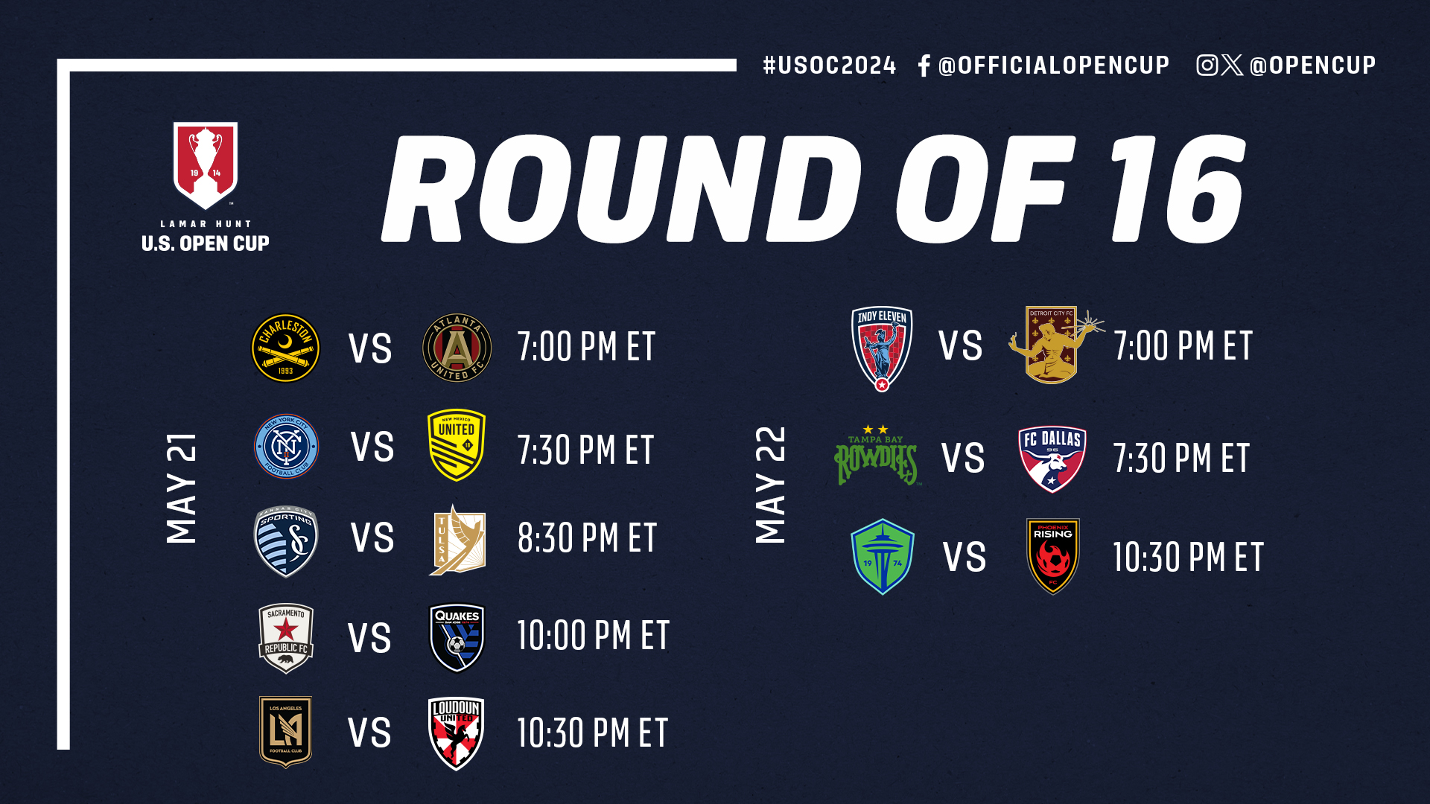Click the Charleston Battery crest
(x=286, y=348)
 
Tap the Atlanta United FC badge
(x=457, y=348)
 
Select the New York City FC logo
(x=286, y=446)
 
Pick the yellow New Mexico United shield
(x=457, y=445)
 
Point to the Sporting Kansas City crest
(x=286, y=541)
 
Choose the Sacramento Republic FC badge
(x=286, y=638)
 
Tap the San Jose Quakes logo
(x=457, y=637)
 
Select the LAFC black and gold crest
(x=286, y=732)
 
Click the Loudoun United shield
(x=457, y=733)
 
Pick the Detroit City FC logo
(x=1053, y=345)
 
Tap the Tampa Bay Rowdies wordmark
(x=877, y=456)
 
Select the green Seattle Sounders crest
(x=883, y=557)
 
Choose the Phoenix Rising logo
(x=1053, y=556)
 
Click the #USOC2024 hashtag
(x=830, y=66)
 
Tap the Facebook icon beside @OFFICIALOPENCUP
(x=924, y=66)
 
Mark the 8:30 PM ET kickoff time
(x=587, y=538)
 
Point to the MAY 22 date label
(x=771, y=485)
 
